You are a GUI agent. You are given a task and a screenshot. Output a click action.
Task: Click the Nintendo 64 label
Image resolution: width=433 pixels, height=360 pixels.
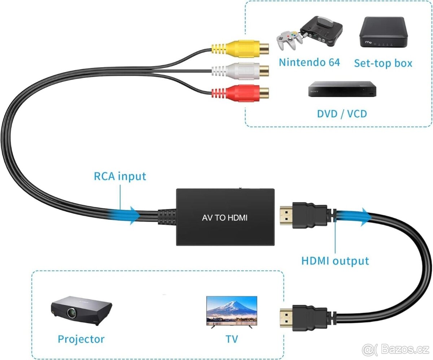(x=309, y=62)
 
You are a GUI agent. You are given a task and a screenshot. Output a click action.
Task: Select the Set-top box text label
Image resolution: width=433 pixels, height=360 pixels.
(x=383, y=63)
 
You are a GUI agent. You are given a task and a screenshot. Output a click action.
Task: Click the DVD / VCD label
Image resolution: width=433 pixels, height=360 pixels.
(x=342, y=114)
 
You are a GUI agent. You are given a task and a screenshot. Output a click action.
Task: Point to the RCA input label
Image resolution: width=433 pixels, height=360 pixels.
(x=120, y=176)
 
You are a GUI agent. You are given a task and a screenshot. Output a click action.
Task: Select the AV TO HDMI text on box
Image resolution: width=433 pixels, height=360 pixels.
(x=224, y=218)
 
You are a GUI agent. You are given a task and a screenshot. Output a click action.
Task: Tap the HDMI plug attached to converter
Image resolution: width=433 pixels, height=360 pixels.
(x=303, y=216)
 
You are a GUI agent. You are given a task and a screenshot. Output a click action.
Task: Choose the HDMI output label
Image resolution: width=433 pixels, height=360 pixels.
(x=335, y=261)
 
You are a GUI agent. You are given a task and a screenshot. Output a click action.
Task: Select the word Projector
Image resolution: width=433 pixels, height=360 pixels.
(x=81, y=339)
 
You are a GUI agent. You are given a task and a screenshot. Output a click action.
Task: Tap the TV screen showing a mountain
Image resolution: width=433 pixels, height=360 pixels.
(x=231, y=309)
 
